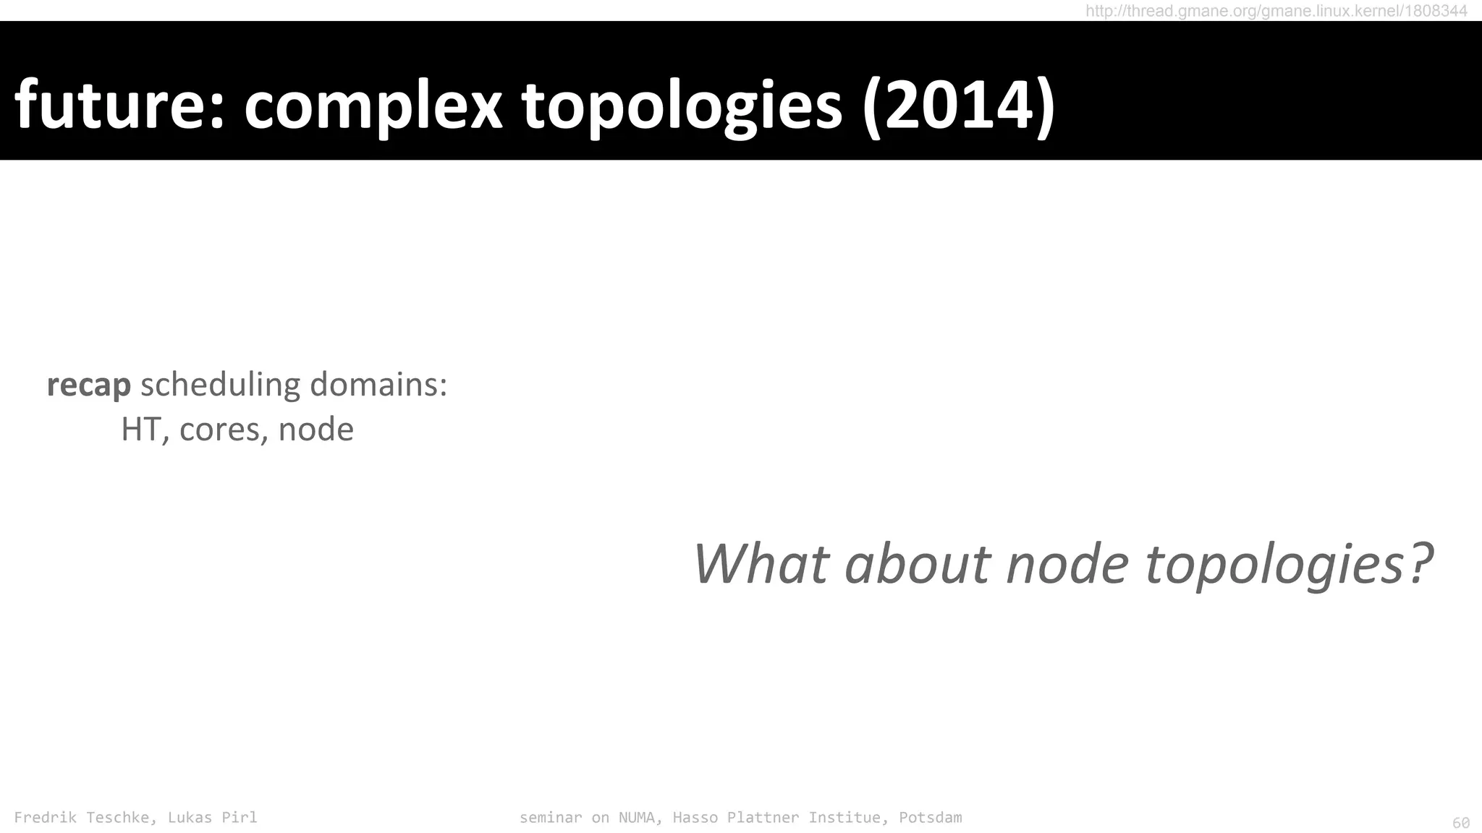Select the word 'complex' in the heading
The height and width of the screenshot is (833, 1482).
click(x=373, y=105)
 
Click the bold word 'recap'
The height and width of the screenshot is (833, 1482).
click(x=88, y=385)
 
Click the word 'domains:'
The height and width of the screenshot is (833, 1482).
click(x=378, y=385)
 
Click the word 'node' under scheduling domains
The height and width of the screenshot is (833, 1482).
click(x=316, y=430)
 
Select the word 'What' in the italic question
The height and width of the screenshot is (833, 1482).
click(x=761, y=564)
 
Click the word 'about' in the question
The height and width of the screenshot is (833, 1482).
click(x=917, y=564)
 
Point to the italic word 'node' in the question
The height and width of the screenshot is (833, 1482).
click(x=1067, y=564)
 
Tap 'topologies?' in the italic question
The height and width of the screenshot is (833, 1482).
click(x=1289, y=564)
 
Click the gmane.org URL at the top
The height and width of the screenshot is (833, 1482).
click(x=1276, y=11)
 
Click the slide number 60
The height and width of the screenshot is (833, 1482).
click(x=1461, y=823)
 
